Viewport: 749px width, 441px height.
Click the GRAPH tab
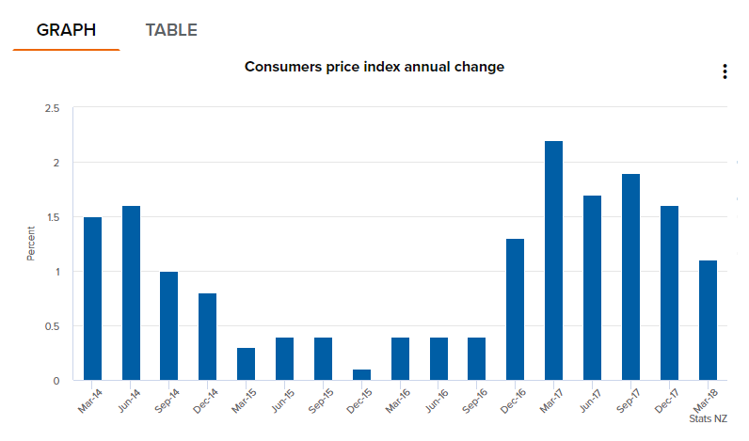coord(66,30)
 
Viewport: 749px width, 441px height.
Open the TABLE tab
coord(171,30)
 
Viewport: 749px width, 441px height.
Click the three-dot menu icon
coord(724,71)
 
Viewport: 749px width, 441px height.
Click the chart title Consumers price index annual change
coord(374,67)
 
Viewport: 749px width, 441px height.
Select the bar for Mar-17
coord(553,260)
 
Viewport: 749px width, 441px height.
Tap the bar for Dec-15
coord(361,375)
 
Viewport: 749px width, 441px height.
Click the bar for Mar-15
coord(246,364)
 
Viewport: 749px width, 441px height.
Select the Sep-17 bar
coord(630,277)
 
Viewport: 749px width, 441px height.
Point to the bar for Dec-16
coord(515,309)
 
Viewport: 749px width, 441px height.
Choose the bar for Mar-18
coord(708,321)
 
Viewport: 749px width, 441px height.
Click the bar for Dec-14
coord(207,337)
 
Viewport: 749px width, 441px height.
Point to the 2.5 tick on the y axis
coord(52,109)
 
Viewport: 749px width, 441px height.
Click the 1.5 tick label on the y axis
coord(52,217)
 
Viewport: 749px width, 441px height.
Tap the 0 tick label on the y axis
coord(56,381)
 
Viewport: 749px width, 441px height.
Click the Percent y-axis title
coord(30,244)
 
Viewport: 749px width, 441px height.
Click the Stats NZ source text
coord(707,417)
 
